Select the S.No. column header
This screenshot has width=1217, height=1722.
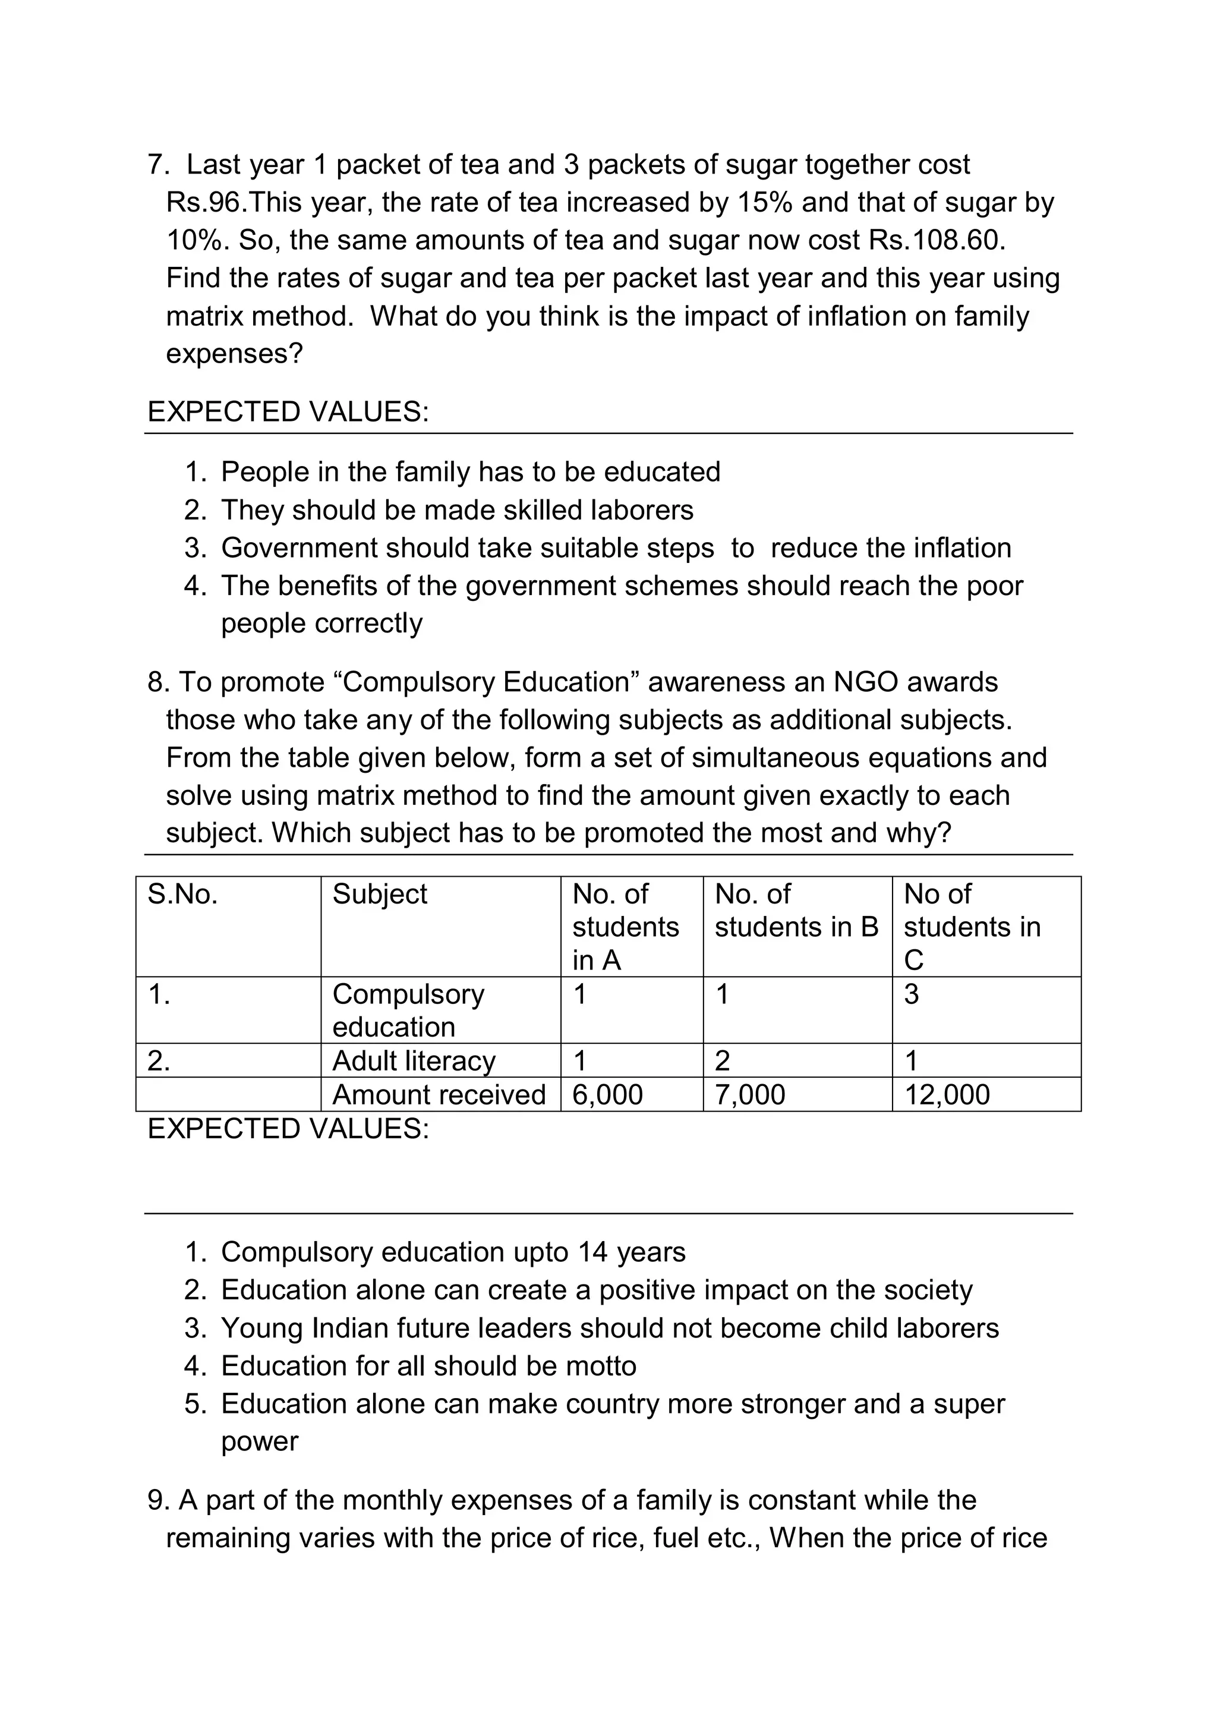[x=182, y=894]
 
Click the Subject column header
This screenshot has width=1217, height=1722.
[x=380, y=894]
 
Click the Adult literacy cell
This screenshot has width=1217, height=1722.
[x=414, y=1060]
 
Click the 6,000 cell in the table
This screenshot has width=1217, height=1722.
[x=607, y=1095]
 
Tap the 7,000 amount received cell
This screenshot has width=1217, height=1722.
[x=750, y=1095]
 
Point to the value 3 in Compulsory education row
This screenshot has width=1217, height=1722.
[x=911, y=994]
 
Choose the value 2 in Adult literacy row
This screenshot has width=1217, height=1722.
[x=722, y=1060]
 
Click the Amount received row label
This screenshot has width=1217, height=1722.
[x=439, y=1095]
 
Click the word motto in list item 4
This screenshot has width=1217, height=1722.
[x=601, y=1366]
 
